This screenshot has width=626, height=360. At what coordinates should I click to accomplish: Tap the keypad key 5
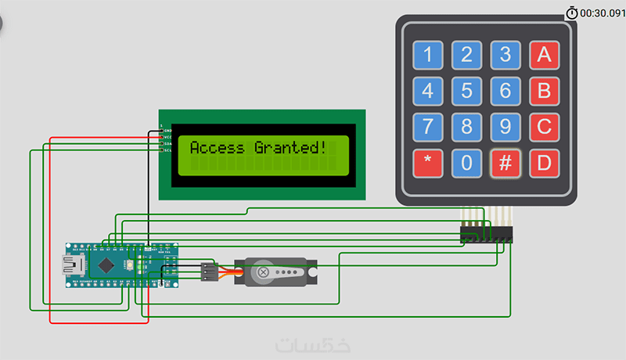tap(466, 90)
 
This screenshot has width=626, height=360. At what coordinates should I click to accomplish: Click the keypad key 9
tap(505, 126)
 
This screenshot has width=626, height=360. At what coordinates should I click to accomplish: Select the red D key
tap(544, 163)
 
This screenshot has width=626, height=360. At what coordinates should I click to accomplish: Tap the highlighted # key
tap(505, 163)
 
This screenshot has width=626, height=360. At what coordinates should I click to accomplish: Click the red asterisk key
tap(427, 163)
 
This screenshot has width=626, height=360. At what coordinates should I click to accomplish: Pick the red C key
tap(544, 126)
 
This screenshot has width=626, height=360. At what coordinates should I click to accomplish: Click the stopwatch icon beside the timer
tap(572, 13)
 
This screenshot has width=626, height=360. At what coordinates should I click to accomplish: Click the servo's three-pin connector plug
tap(208, 272)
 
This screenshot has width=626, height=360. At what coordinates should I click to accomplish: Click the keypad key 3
tap(505, 55)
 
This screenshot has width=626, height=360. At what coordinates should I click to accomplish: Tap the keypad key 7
tap(427, 126)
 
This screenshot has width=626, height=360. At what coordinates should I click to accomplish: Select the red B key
tap(544, 90)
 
